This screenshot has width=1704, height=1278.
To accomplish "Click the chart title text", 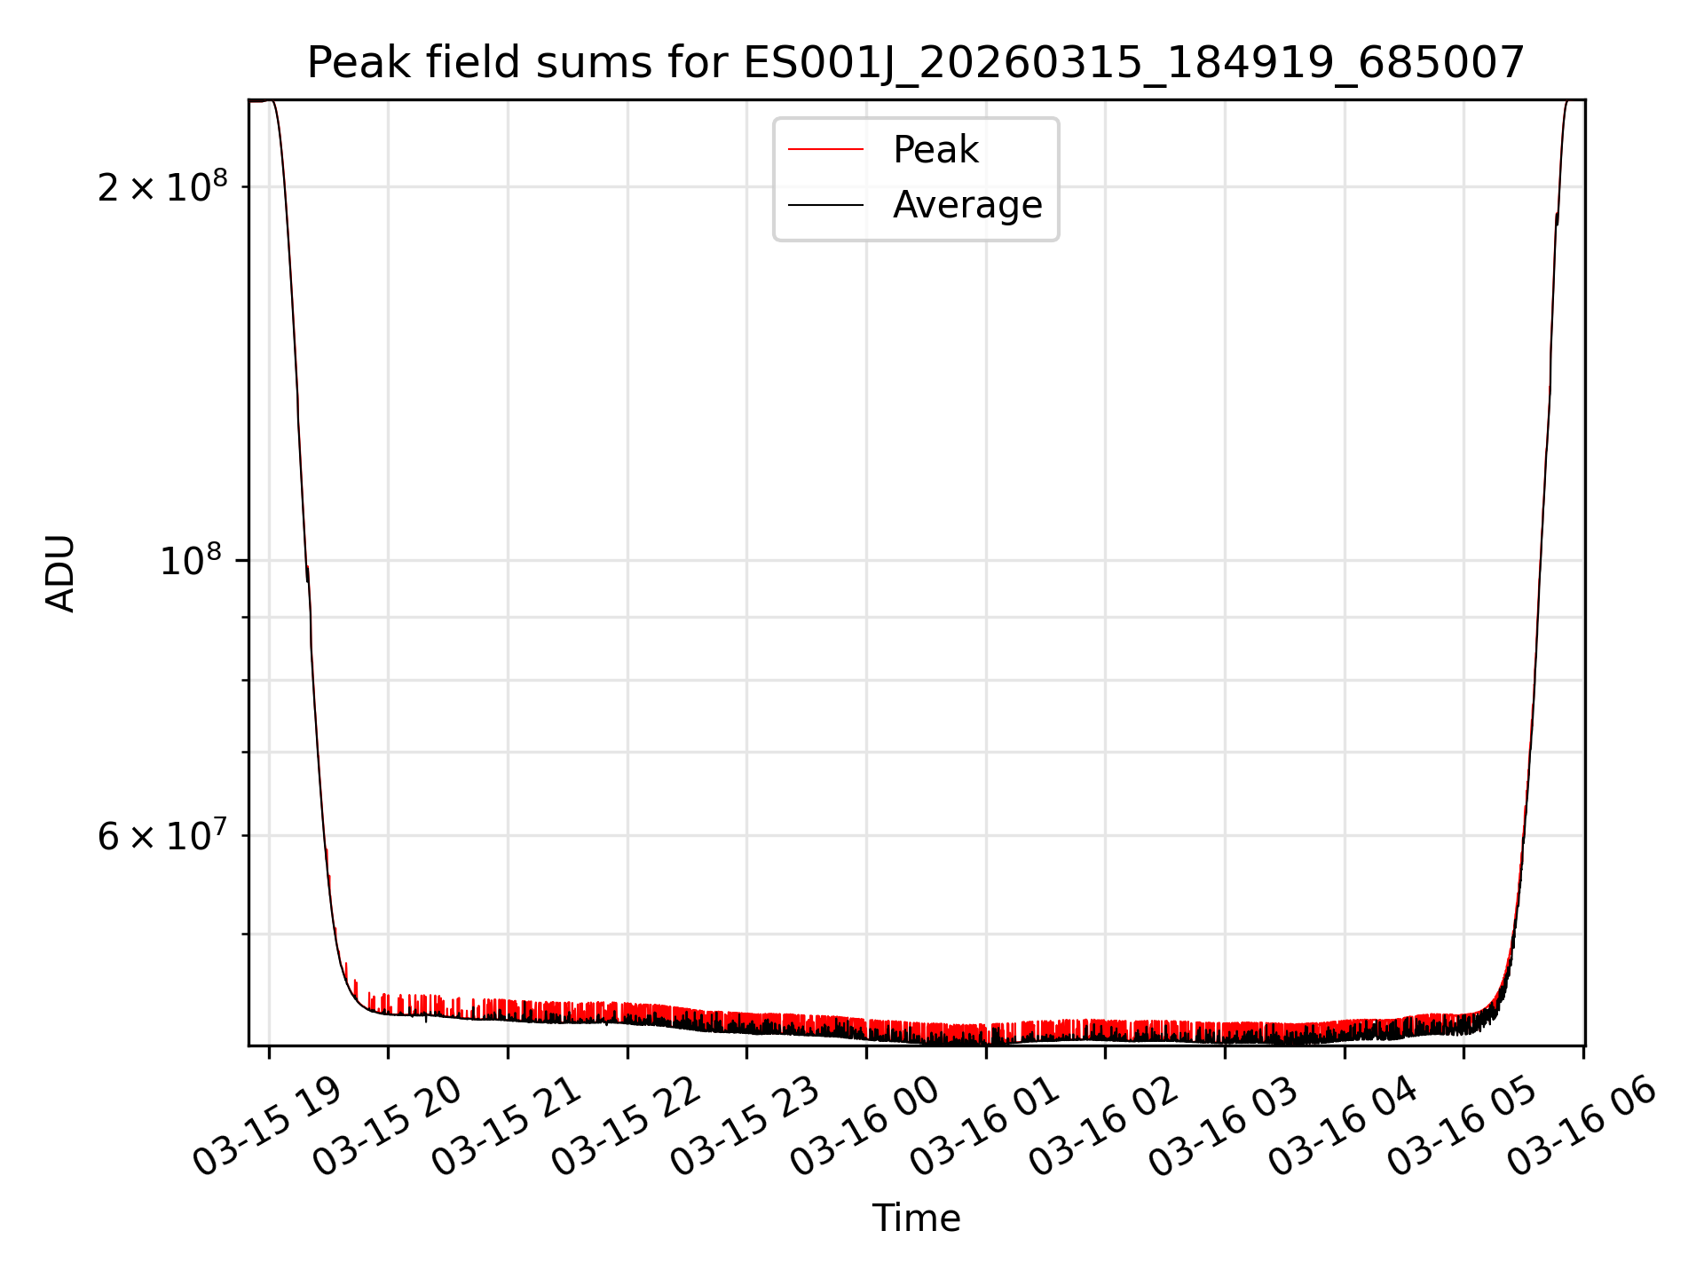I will point(915,63).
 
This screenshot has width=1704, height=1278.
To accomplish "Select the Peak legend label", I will point(935,150).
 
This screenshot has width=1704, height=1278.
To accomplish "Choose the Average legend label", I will point(967,205).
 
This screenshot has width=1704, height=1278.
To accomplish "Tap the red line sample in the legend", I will point(825,150).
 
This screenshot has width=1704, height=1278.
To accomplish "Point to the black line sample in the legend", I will point(825,205).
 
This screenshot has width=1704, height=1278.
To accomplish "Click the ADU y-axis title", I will point(60,573).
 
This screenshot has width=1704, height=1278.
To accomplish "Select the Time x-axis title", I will point(916,1219).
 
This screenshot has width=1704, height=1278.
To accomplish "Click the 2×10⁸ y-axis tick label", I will point(162,187).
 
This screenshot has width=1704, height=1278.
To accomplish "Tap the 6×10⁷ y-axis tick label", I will point(162,837).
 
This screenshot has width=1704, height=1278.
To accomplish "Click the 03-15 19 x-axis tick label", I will point(267,1125).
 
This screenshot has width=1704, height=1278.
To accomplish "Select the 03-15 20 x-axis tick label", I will point(387,1125).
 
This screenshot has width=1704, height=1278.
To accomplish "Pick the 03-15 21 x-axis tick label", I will point(507,1125).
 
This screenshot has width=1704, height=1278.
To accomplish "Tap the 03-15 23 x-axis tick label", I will point(745,1125).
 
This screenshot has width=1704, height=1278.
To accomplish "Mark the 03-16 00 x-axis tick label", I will point(865,1125).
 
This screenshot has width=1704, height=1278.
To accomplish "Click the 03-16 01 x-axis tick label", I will point(985,1125).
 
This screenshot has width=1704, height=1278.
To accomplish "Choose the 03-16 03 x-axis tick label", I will point(1224,1125).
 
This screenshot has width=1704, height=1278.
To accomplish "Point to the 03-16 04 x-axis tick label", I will point(1344,1125).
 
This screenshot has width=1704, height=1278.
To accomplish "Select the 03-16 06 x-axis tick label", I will point(1582,1125).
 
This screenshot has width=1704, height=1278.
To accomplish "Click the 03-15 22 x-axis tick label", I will point(627,1125).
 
